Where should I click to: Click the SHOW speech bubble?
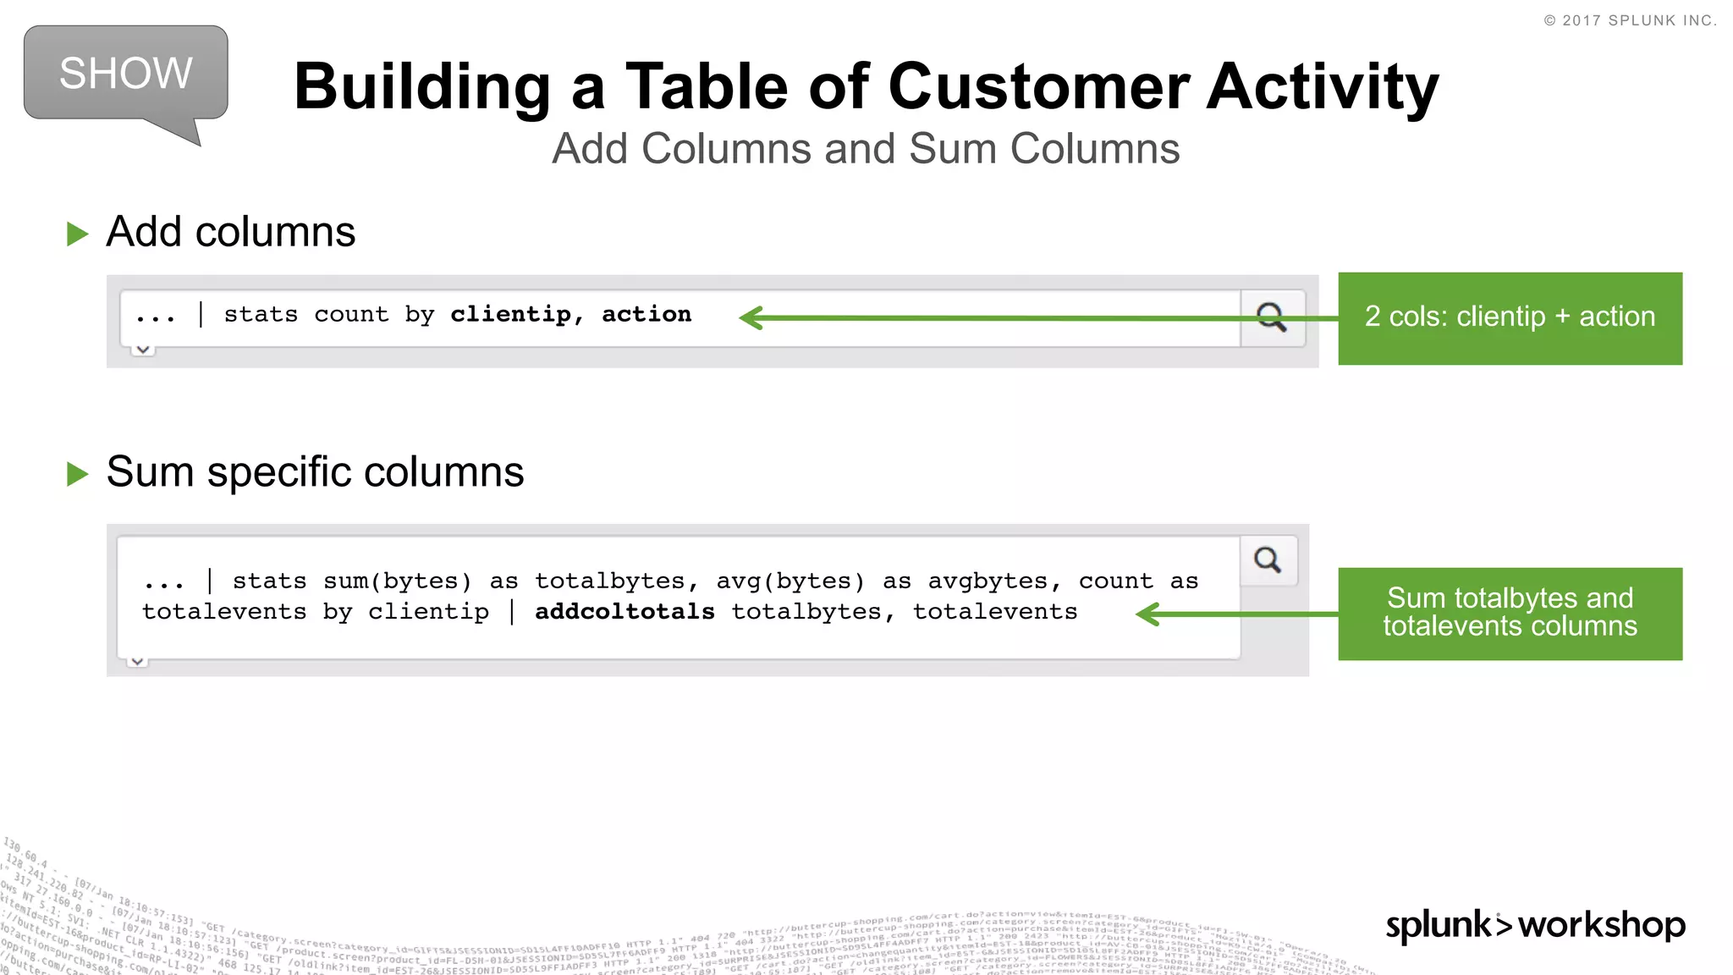pos(125,74)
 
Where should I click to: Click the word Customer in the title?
pos(1039,87)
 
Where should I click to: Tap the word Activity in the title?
pos(1322,87)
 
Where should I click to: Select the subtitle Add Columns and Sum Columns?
pos(866,149)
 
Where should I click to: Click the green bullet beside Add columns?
pos(78,234)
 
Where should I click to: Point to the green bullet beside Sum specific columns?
pos(78,474)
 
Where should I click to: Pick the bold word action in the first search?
pos(646,315)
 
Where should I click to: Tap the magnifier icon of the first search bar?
pos(1271,317)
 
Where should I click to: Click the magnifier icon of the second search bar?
pos(1268,560)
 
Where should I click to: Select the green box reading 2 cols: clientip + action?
pos(1510,318)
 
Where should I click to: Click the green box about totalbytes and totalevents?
pos(1510,614)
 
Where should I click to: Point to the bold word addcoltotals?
pos(624,612)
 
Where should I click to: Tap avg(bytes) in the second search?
pos(790,581)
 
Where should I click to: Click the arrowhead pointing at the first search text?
pos(751,318)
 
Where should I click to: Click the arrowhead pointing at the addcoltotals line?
pos(1147,614)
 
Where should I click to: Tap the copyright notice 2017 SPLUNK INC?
pos(1630,20)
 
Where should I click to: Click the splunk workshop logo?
pos(1535,925)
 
